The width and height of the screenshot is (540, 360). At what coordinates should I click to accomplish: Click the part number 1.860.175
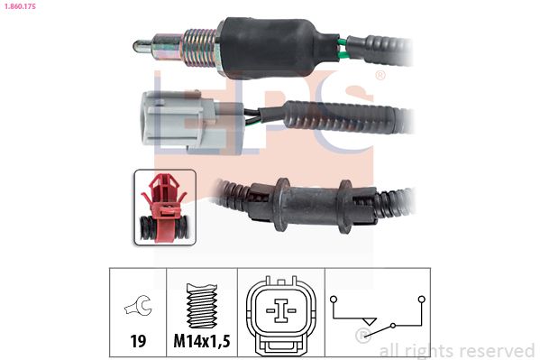20,5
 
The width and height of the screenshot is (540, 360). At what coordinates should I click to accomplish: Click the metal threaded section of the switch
200,48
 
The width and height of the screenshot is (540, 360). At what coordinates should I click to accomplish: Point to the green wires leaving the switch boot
343,50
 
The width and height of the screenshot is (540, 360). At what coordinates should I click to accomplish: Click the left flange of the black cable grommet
282,205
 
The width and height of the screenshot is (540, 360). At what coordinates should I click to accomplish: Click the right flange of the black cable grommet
345,207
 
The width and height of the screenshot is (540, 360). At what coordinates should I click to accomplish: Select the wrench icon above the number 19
138,305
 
